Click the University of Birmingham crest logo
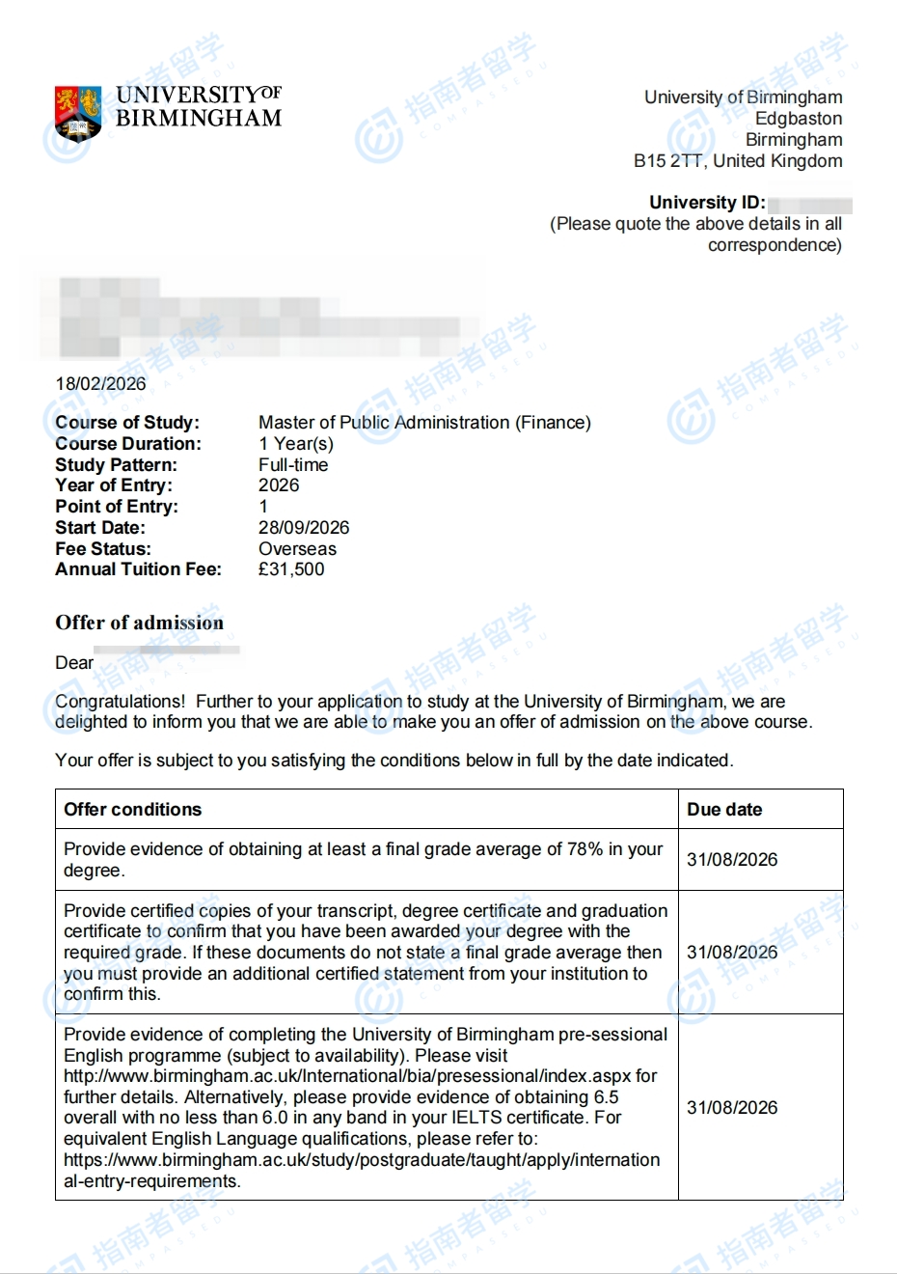click(x=78, y=113)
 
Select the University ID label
click(x=707, y=203)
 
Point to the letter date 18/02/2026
click(x=101, y=383)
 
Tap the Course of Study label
click(x=127, y=423)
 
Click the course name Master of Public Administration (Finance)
click(x=424, y=423)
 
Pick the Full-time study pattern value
click(x=293, y=465)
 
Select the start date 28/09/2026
click(x=304, y=528)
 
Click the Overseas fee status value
click(x=297, y=549)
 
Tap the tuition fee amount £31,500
click(x=291, y=569)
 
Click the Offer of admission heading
click(x=139, y=623)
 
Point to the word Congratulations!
click(x=120, y=702)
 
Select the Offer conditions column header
click(x=133, y=810)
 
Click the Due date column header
click(x=724, y=810)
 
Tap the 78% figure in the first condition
click(x=584, y=849)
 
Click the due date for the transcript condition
click(x=732, y=953)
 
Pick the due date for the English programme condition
click(x=732, y=1108)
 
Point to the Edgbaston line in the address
click(x=799, y=119)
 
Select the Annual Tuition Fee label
click(x=138, y=569)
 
